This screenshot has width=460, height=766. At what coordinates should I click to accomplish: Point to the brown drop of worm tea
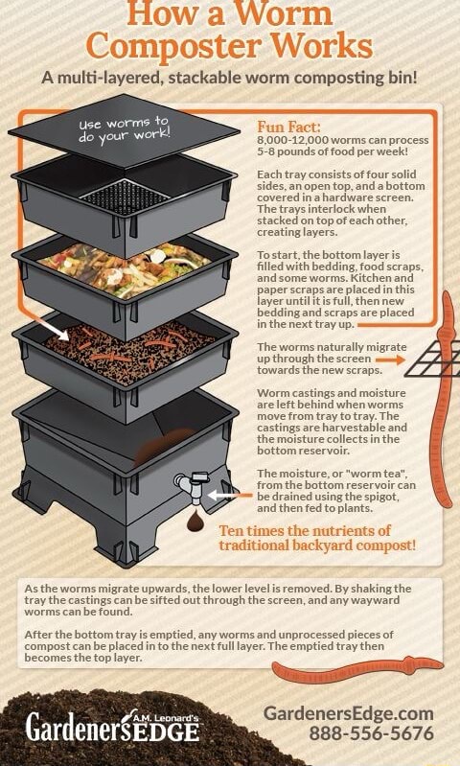pyautogui.click(x=197, y=522)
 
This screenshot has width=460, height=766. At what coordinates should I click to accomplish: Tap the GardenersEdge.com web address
pyautogui.click(x=350, y=713)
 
